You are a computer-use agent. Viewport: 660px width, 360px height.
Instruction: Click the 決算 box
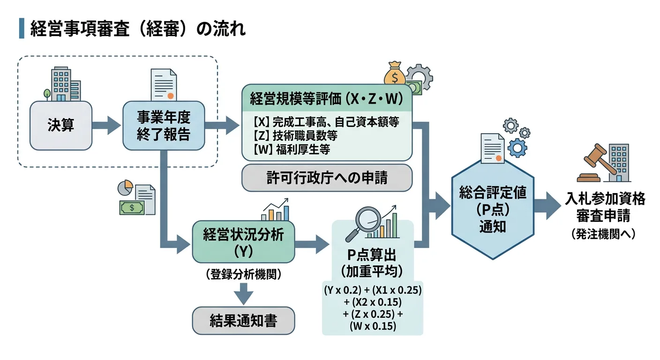[61, 126]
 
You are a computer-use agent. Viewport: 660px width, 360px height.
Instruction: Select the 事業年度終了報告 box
[164, 126]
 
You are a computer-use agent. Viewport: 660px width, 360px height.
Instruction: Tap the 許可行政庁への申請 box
[327, 178]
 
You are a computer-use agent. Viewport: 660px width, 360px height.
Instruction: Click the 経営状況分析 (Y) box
[243, 242]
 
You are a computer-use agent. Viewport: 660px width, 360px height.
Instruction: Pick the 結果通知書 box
[243, 321]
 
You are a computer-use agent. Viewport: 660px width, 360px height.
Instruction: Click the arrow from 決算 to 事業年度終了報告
[107, 126]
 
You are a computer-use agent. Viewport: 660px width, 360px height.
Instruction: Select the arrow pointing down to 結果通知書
[243, 295]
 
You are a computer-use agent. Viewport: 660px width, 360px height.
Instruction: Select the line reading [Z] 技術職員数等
[295, 136]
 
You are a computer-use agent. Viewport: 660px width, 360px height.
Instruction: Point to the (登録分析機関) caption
[243, 275]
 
